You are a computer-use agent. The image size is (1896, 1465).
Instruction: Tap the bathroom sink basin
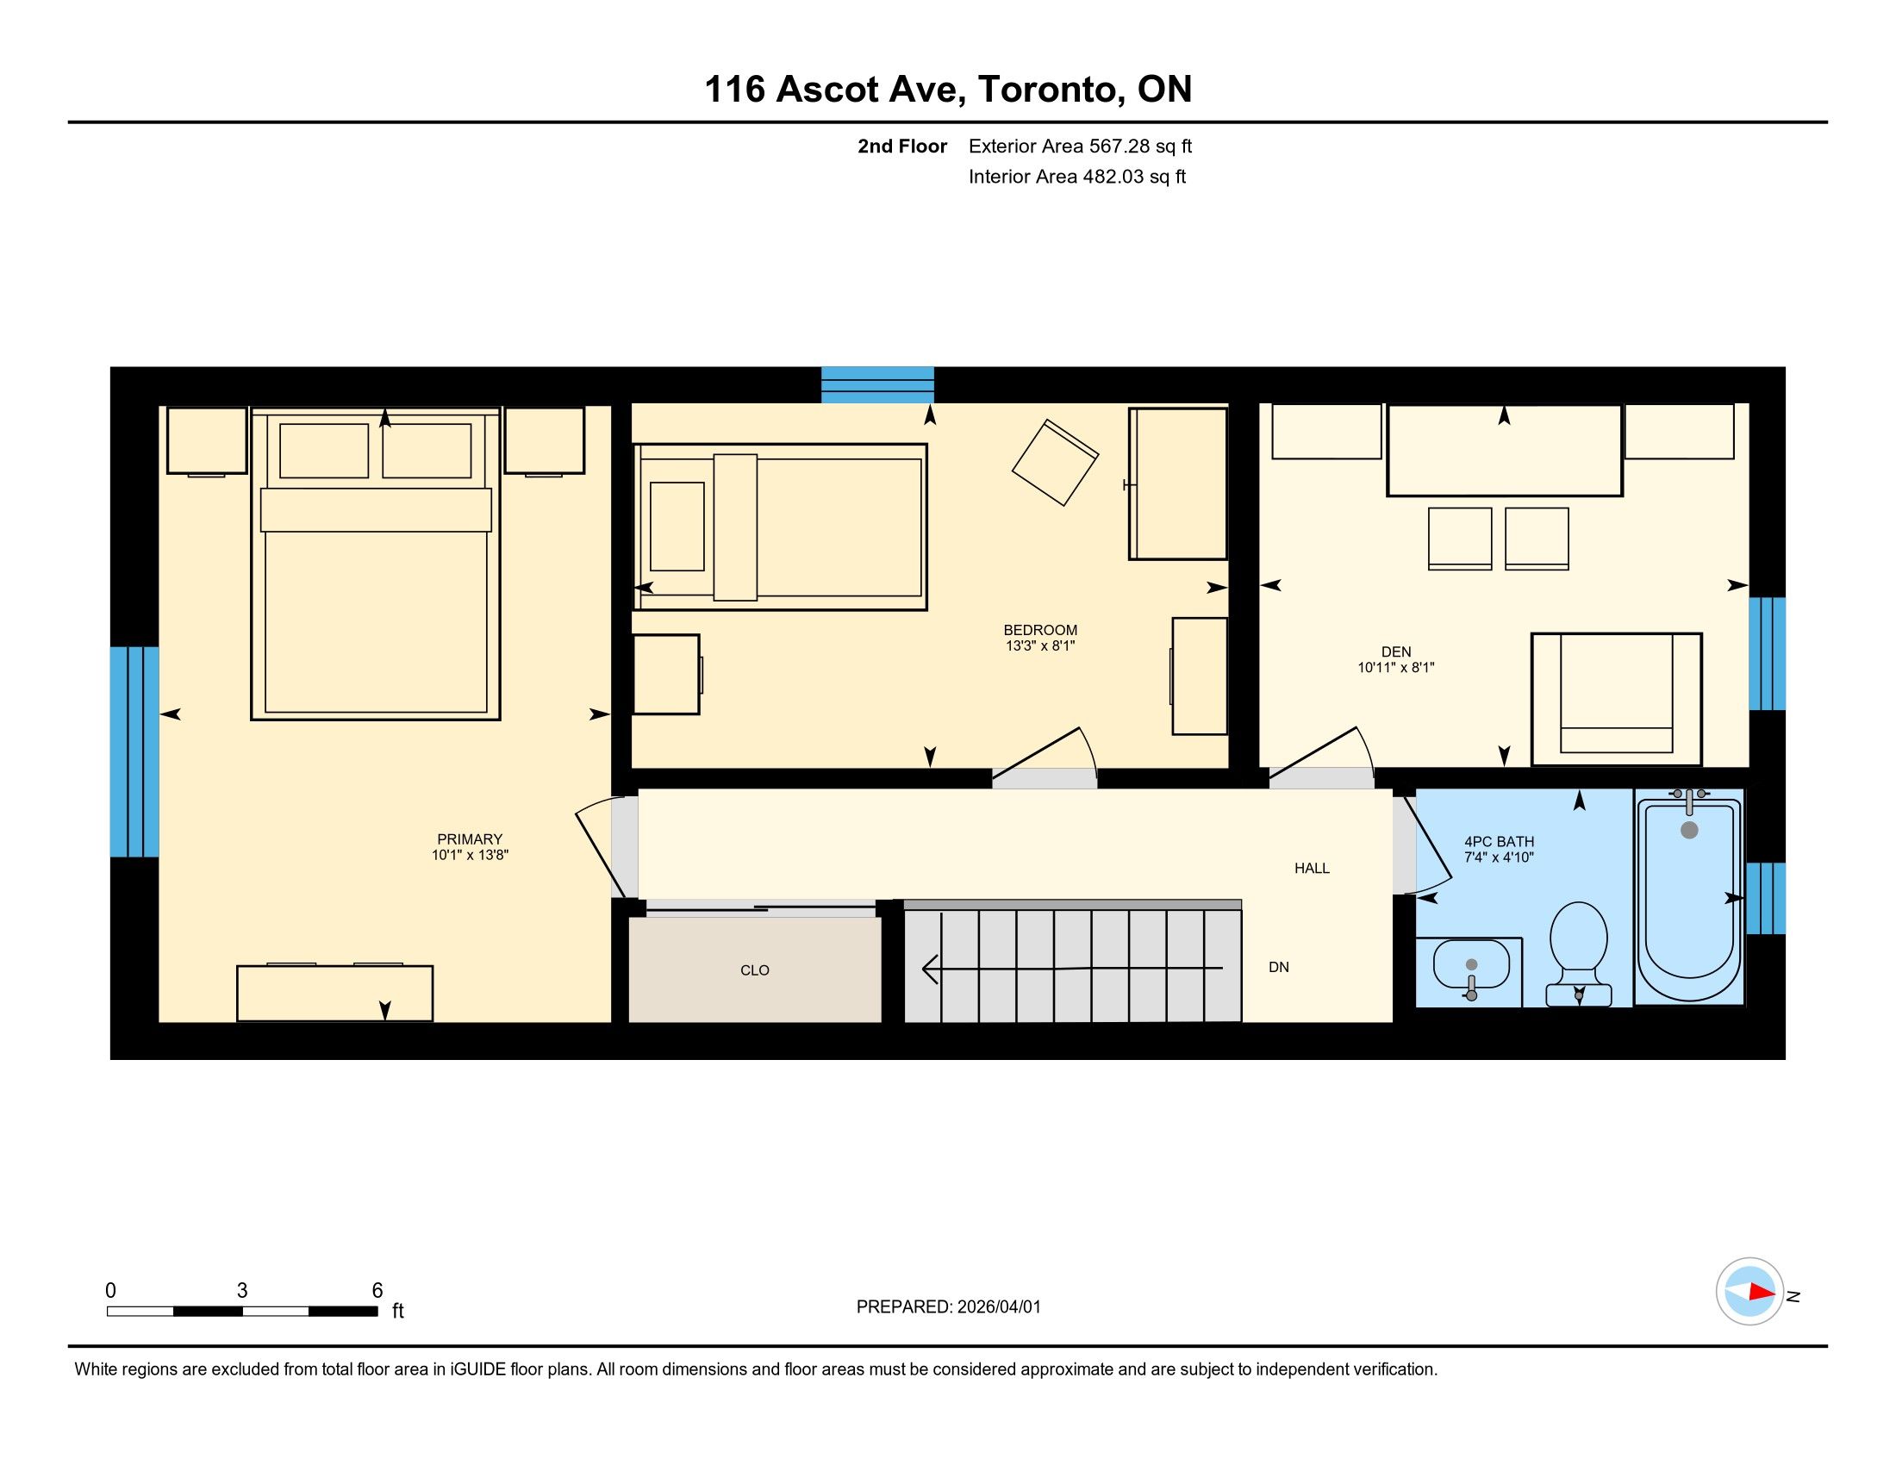pos(1470,963)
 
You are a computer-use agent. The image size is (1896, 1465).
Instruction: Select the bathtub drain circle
pos(1689,830)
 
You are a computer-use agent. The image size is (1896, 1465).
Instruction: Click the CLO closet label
pos(754,970)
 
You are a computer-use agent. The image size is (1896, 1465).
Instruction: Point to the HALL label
pos(1312,868)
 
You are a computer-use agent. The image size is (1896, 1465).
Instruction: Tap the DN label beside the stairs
pos(1279,967)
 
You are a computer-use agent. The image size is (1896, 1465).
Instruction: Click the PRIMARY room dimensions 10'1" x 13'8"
pos(470,855)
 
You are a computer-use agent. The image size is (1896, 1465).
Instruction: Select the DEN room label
pos(1396,651)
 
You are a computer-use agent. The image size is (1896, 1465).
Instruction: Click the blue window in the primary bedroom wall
pos(134,751)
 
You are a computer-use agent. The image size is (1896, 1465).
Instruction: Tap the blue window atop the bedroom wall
pos(877,384)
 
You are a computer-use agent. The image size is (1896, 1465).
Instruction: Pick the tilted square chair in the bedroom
pos(1055,463)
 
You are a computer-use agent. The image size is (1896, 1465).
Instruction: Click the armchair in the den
pos(1617,700)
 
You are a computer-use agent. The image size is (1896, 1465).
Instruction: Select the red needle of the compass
pos(1762,1293)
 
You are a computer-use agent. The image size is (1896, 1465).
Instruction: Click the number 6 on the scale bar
pos(377,1291)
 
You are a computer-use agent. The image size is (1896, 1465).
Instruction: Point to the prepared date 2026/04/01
pos(998,1307)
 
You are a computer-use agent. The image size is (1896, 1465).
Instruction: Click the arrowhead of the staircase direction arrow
pos(929,969)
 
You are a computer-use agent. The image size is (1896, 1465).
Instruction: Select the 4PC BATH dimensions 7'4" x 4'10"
pos(1500,857)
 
